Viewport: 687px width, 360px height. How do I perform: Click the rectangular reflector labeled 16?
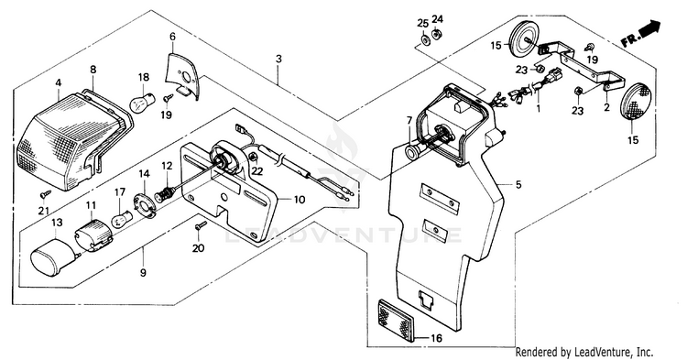(x=396, y=320)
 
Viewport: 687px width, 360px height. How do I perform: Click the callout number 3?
(x=278, y=59)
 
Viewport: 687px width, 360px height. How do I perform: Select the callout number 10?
(x=299, y=200)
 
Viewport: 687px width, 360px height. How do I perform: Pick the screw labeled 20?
(x=201, y=226)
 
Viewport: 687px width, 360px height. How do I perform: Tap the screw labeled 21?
(x=46, y=192)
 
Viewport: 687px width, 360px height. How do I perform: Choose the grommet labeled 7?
(x=414, y=152)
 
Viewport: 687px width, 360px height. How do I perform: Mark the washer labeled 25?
(x=424, y=40)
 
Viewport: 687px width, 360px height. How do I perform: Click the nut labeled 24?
(x=436, y=34)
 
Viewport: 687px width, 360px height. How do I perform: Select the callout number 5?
(x=518, y=184)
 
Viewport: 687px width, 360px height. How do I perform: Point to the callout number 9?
(x=143, y=273)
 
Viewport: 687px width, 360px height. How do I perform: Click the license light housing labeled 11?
(x=93, y=235)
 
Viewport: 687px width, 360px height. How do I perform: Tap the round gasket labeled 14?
(x=145, y=202)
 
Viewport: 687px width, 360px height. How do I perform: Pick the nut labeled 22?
(x=253, y=158)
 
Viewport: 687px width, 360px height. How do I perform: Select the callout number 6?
(x=172, y=37)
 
